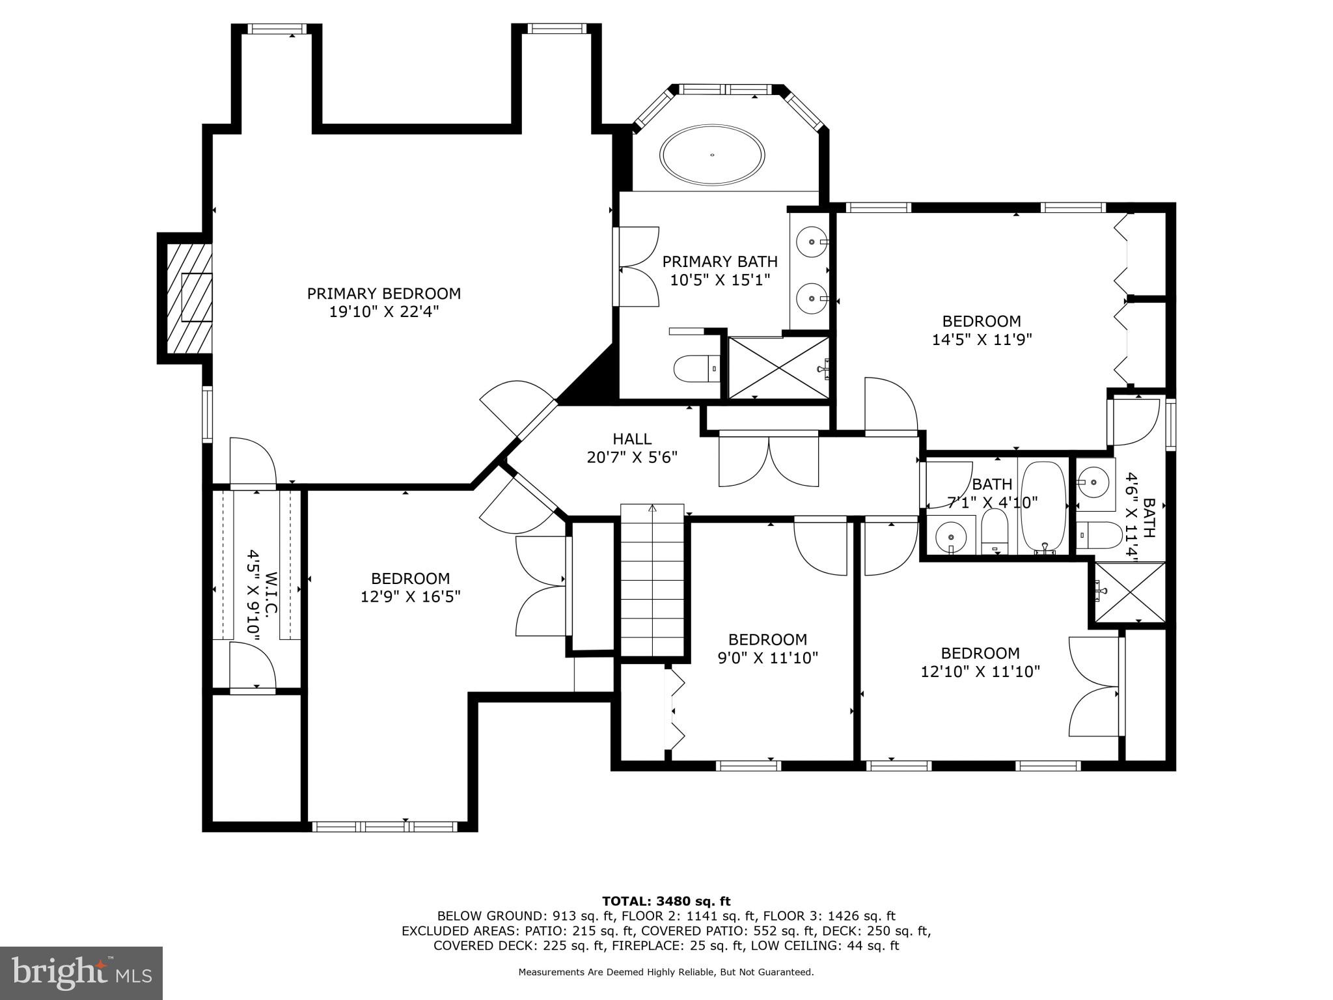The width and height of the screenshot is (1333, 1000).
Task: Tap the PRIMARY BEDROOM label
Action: click(383, 294)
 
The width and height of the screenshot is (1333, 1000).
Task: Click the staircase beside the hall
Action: click(652, 580)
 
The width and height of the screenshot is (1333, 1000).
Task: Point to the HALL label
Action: click(631, 439)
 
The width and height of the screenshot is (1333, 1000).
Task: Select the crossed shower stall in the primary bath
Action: click(778, 367)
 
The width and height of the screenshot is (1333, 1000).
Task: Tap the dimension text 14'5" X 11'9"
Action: click(982, 340)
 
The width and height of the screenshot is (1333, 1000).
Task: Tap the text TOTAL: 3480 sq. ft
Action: click(666, 901)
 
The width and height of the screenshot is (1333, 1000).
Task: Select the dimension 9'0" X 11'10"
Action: click(767, 658)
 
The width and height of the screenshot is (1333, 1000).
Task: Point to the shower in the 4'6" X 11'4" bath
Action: click(1129, 592)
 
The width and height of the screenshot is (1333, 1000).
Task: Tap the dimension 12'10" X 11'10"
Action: click(980, 672)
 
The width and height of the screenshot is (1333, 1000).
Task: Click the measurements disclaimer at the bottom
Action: click(666, 973)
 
